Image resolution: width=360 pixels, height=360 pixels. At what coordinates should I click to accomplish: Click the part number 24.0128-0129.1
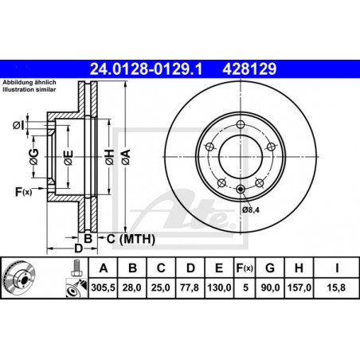tap(146, 69)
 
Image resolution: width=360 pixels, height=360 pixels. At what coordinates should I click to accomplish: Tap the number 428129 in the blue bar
tap(249, 69)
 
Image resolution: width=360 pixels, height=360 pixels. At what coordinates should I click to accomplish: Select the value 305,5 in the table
tap(103, 288)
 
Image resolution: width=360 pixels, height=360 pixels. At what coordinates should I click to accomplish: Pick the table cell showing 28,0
tap(132, 288)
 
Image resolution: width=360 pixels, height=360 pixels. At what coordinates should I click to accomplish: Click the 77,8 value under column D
tap(190, 288)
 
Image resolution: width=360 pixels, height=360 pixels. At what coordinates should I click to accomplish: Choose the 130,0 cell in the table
tap(219, 288)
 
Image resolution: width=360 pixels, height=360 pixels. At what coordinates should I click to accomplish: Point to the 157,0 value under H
tap(299, 288)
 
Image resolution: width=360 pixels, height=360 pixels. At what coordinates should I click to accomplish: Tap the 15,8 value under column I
tap(336, 288)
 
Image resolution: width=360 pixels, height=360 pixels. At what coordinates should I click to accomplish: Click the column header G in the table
tap(270, 268)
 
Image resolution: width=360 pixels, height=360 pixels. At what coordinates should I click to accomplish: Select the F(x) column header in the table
tap(245, 268)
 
